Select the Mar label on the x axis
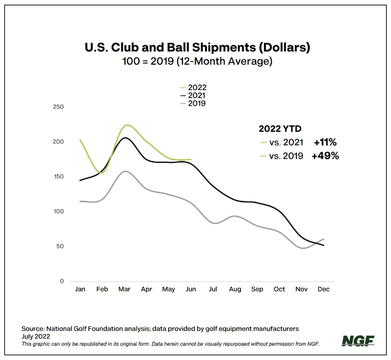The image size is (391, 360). (x=124, y=289)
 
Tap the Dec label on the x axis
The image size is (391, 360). (x=323, y=289)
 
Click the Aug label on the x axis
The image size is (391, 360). (x=235, y=289)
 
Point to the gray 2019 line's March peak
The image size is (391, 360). (x=125, y=171)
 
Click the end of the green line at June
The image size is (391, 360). (x=191, y=160)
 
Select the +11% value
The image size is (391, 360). (x=326, y=142)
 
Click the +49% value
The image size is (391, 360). (x=326, y=156)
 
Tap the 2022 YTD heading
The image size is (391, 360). (x=280, y=128)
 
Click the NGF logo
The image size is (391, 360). (x=358, y=341)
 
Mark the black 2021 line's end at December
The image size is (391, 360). (x=323, y=246)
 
